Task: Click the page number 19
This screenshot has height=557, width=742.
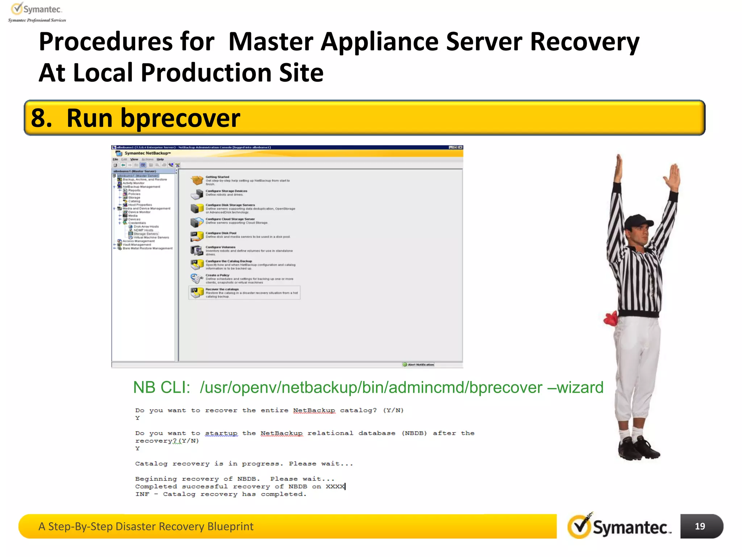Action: tap(700, 526)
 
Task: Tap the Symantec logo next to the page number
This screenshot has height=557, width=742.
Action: tap(620, 527)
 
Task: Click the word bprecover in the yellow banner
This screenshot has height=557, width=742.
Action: tap(180, 118)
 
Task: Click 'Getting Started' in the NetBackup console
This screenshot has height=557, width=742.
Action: tap(217, 177)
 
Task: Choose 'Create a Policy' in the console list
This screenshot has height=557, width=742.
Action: tap(217, 275)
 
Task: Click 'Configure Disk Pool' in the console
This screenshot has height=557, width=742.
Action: tap(221, 233)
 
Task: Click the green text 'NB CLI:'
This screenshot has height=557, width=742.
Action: tap(162, 387)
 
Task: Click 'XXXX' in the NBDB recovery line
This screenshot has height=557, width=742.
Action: tap(335, 486)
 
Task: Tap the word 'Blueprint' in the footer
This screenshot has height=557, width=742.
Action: tap(230, 526)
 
